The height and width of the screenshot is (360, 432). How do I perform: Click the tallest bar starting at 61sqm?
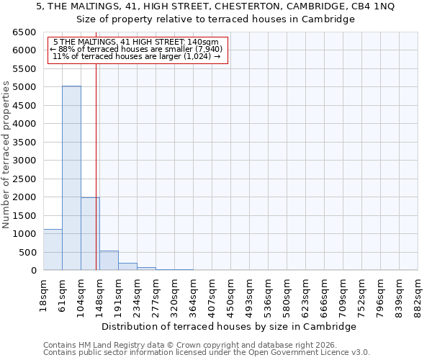71,178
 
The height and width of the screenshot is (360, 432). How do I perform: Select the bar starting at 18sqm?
53,250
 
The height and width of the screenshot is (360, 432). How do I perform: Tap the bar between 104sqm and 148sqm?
90,234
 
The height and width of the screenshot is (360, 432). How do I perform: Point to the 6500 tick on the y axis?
24,32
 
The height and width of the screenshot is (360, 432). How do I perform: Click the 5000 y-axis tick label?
24,87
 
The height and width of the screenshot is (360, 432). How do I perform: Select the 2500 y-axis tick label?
24,179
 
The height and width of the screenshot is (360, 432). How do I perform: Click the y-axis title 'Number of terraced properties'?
6,155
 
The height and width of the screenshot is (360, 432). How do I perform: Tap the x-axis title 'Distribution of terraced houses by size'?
229,326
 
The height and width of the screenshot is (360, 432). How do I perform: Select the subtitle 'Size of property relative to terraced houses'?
216,19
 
